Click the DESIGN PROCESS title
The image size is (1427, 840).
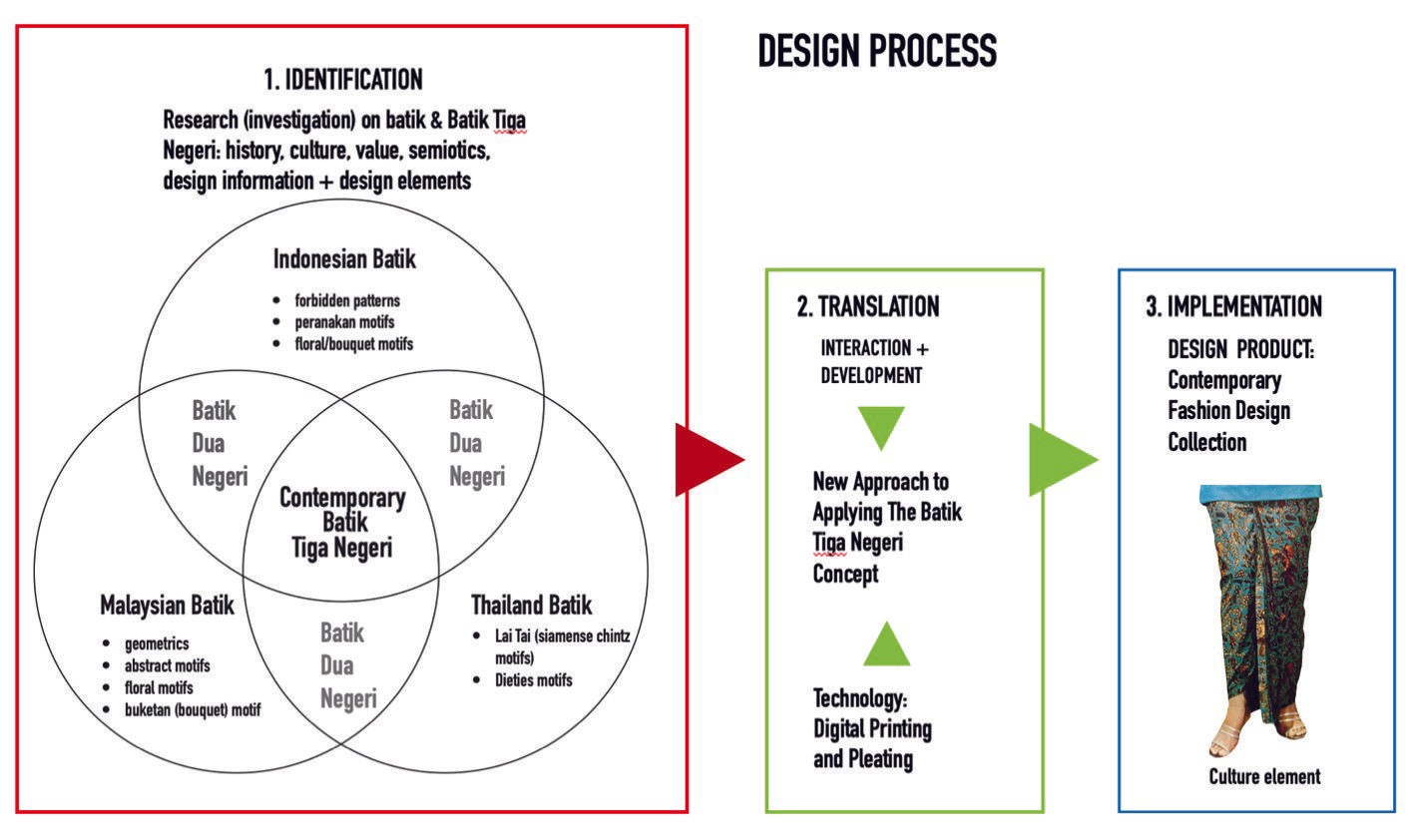[x=877, y=51]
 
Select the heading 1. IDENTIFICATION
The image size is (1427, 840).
[x=342, y=80]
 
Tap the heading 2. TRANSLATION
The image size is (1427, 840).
[x=868, y=307]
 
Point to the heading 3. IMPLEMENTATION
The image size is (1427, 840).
[x=1234, y=307]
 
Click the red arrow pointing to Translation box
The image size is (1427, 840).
[x=708, y=460]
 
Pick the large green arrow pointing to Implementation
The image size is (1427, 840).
[x=1061, y=460]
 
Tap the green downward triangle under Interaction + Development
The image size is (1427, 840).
[x=881, y=426]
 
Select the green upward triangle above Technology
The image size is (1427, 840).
[x=886, y=644]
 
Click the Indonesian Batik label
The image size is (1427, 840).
[x=344, y=259]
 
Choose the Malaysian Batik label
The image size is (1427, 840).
[x=167, y=606]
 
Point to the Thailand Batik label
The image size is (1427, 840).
[x=531, y=606]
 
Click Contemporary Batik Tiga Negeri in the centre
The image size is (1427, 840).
[x=342, y=522]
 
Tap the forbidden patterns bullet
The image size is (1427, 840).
[x=346, y=300]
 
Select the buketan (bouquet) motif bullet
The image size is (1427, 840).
[x=192, y=710]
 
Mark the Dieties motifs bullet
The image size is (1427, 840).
[x=533, y=680]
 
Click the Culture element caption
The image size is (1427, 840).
[x=1264, y=777]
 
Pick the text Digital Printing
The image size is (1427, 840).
[x=872, y=728]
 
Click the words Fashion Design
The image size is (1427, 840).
[x=1228, y=411]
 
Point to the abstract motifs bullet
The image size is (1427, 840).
[x=167, y=666]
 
